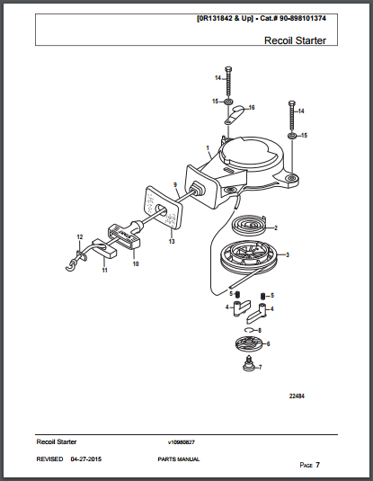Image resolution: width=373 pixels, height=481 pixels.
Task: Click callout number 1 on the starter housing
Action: [208, 147]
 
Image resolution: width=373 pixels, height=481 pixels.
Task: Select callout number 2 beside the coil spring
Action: [276, 227]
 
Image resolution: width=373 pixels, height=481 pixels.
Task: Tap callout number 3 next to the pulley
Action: [288, 255]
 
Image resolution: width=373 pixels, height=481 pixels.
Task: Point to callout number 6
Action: [269, 343]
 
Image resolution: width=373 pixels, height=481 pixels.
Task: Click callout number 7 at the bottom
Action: [261, 368]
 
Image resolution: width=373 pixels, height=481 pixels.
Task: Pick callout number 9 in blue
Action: [176, 184]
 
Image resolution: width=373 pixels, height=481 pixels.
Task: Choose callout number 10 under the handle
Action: [136, 264]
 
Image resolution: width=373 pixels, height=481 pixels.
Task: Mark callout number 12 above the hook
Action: [79, 236]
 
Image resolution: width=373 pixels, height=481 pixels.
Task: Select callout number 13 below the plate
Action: [171, 242]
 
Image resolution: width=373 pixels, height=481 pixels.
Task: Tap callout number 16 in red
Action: [252, 107]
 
